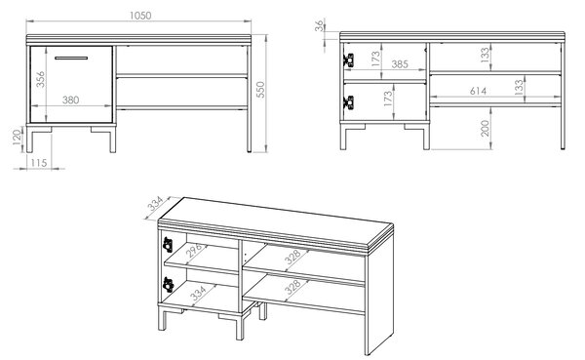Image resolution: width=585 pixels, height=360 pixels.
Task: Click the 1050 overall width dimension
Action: click(x=140, y=16)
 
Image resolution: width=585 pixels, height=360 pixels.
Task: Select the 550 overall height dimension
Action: click(x=260, y=90)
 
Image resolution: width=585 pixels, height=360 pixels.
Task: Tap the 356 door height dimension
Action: click(x=40, y=79)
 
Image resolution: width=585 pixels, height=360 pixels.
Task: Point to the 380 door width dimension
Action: click(x=70, y=100)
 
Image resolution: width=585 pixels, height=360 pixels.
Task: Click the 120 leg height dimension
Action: click(x=18, y=138)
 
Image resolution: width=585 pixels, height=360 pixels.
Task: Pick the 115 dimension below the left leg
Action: click(x=39, y=163)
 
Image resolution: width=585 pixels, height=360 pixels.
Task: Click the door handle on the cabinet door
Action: click(x=71, y=58)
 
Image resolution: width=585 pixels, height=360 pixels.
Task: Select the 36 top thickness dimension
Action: click(x=320, y=25)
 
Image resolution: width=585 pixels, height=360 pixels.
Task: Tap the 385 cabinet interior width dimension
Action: click(x=400, y=64)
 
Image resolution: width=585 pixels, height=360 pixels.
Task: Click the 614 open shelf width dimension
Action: click(x=478, y=91)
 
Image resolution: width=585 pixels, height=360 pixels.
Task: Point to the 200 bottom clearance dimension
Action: click(x=485, y=128)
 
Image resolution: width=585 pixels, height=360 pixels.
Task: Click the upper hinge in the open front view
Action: click(x=349, y=60)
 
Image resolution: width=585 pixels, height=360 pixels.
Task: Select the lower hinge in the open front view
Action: click(x=349, y=102)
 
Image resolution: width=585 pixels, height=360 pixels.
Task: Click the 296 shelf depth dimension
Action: click(x=194, y=250)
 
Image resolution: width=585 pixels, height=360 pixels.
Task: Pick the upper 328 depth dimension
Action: click(x=292, y=257)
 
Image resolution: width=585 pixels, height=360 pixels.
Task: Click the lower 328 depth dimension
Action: click(x=292, y=287)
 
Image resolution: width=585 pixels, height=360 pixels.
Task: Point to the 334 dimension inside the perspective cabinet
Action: click(x=198, y=294)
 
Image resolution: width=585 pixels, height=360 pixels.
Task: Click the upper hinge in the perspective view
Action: click(x=168, y=245)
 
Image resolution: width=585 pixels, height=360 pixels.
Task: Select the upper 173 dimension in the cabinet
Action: click(x=375, y=59)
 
